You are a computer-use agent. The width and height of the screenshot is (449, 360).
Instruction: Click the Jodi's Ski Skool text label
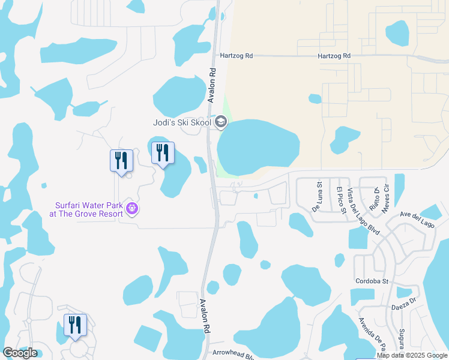[x=181, y=122]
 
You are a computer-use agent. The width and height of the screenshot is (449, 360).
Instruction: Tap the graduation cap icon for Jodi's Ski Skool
[x=221, y=122]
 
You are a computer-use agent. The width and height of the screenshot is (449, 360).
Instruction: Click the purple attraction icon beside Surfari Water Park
[x=133, y=209]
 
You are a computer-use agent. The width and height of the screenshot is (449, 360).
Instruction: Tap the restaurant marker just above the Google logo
[x=75, y=326]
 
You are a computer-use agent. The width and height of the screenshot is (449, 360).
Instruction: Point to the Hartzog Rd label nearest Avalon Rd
[x=237, y=56]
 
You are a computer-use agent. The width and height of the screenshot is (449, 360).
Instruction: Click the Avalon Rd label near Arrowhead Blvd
[x=205, y=316]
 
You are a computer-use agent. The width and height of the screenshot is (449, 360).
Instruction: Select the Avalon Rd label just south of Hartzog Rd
[x=212, y=85]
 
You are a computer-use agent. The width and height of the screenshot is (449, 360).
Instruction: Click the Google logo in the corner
[x=20, y=353]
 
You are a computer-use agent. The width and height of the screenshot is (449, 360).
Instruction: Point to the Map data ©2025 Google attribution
[x=412, y=355]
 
